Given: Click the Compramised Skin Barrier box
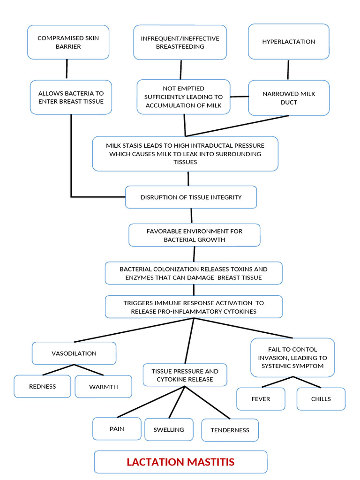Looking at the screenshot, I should click(68, 42).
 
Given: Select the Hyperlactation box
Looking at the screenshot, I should click(288, 42).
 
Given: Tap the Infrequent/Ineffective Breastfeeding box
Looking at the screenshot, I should click(180, 42).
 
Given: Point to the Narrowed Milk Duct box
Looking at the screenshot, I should click(289, 97).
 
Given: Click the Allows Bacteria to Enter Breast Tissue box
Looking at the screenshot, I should click(71, 97).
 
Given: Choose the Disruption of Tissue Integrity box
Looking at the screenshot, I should click(191, 197).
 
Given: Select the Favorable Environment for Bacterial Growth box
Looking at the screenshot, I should click(194, 235).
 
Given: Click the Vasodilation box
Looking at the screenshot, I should click(74, 353).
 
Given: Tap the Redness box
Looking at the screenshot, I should click(42, 386).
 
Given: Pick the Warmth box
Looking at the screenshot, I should click(103, 387).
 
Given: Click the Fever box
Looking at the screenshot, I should click(261, 399).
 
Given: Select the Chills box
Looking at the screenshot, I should click(321, 399).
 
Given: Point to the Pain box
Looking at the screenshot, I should click(117, 428).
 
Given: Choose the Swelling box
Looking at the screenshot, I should click(169, 429).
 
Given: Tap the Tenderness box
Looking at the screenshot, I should click(230, 430).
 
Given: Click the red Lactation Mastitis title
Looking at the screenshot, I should click(180, 462).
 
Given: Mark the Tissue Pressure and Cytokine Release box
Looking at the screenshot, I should click(185, 375).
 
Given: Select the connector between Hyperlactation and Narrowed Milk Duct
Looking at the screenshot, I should click(288, 69).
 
